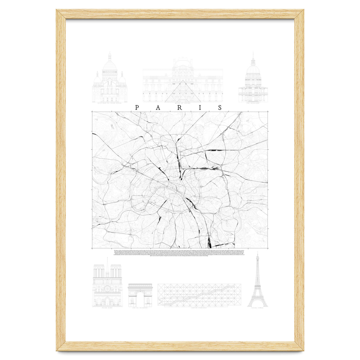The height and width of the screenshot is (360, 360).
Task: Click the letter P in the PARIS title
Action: (x=137, y=108)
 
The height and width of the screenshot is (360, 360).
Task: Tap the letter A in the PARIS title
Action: (x=158, y=108)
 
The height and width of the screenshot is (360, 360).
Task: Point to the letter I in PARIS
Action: (x=200, y=108)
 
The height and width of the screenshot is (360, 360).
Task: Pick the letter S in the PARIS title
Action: (x=220, y=108)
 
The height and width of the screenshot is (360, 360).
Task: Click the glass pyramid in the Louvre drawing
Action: (x=183, y=91)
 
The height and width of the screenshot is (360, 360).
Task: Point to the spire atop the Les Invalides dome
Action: (x=253, y=57)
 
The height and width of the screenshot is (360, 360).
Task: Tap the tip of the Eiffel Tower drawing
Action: (x=257, y=253)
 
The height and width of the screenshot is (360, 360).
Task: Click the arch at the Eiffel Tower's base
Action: (x=257, y=304)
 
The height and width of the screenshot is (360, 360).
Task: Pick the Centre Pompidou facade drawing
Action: (x=199, y=295)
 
